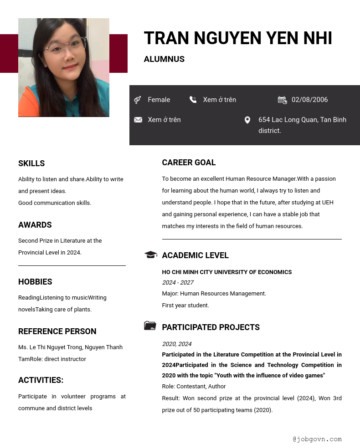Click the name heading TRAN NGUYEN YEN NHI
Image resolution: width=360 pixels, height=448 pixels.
[x=237, y=39]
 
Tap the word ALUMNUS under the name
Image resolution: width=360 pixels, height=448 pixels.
[x=164, y=59]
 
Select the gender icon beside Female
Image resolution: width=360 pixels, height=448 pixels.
[x=137, y=100]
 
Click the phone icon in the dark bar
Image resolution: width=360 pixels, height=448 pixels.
[x=193, y=99]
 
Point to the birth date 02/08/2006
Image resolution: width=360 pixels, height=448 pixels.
[x=309, y=100]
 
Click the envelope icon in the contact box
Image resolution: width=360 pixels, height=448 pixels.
[x=138, y=120]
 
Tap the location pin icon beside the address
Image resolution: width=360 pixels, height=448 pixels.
[x=247, y=120]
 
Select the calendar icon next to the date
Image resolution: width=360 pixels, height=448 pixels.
[x=282, y=100]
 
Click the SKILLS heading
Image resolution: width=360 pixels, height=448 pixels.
[x=31, y=163]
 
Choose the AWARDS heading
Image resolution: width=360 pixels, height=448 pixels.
[x=35, y=225]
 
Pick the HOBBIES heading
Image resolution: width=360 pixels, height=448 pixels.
[x=35, y=282]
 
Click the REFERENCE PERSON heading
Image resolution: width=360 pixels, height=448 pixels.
[x=57, y=331]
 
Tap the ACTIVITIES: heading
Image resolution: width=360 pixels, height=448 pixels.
[x=41, y=380]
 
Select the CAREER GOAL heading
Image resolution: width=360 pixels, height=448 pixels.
[x=189, y=163]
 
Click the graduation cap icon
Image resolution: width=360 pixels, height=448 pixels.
[x=150, y=255]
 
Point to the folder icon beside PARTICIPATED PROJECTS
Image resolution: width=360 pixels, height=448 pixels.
[x=150, y=326]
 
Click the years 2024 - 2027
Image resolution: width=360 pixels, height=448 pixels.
[x=178, y=283]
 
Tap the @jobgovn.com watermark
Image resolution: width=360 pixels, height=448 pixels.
[x=317, y=439]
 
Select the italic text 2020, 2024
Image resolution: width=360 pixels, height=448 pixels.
[x=177, y=344]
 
